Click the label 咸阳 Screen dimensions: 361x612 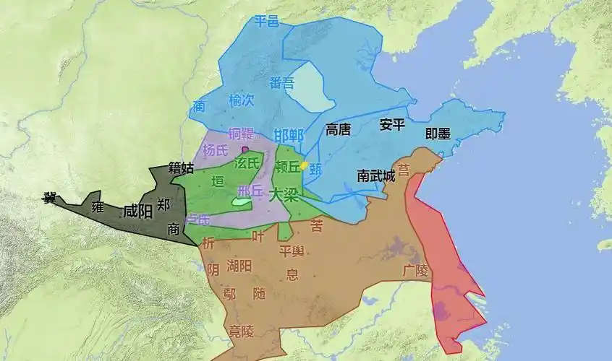tap(137, 212)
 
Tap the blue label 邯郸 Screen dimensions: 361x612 tap(289, 135)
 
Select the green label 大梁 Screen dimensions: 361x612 tap(283, 194)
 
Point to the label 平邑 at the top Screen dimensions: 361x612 tap(266, 22)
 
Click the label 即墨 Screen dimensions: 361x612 tap(438, 134)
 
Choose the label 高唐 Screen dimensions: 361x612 tap(338, 129)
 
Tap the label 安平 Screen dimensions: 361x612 tap(391, 125)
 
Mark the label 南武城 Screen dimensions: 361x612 tap(376, 175)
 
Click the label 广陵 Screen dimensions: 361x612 tap(415, 270)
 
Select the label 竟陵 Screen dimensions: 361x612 tap(238, 331)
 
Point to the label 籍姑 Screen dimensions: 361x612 tap(181, 168)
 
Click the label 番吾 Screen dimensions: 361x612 tap(281, 82)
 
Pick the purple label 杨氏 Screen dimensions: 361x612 tap(215, 151)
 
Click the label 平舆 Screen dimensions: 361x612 tap(292, 251)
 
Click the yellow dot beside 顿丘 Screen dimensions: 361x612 tap(305, 165)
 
